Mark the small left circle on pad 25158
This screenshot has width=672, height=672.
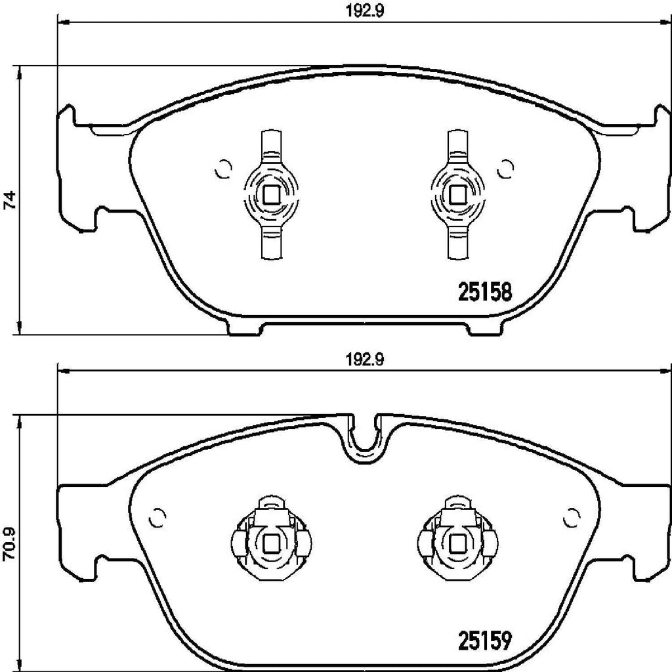pyautogui.click(x=223, y=169)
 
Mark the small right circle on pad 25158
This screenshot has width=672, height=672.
pyautogui.click(x=505, y=169)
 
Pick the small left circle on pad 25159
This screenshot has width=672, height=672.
pyautogui.click(x=157, y=518)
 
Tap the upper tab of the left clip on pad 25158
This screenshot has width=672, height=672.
pyautogui.click(x=272, y=144)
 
